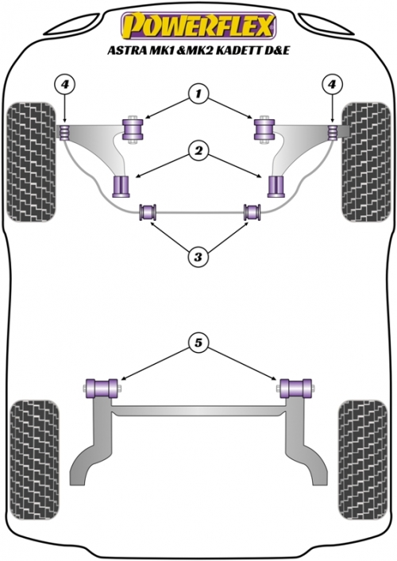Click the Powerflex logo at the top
click(198, 25)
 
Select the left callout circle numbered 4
click(65, 85)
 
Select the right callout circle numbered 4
click(332, 85)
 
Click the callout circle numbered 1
click(198, 94)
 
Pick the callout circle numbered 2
click(198, 151)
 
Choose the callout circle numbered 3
click(198, 257)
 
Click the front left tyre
click(32, 162)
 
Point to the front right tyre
click(366, 162)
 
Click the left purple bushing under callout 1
click(133, 130)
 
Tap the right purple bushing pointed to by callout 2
click(276, 186)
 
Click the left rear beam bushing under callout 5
click(102, 389)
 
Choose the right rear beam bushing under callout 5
click(296, 389)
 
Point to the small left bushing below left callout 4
click(64, 132)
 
